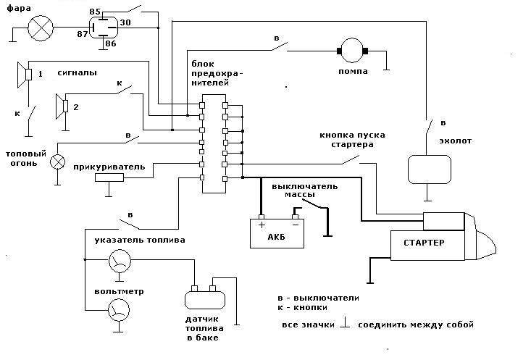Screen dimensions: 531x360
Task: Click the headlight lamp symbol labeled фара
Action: coord(41,28)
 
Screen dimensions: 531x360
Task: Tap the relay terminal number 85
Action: coord(95,12)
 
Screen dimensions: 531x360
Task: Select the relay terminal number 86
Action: coord(110,43)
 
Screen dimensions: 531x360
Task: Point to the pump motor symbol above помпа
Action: coord(352,51)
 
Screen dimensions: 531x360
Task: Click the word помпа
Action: coord(353,72)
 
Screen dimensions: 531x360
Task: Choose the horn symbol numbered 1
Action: coord(25,75)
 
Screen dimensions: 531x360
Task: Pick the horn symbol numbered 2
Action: coord(62,106)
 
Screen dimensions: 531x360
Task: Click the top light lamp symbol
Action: coord(57,162)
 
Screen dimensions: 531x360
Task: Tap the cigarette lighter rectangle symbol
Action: coord(109,177)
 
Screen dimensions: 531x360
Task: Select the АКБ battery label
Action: coord(276,237)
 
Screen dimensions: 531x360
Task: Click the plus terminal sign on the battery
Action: coord(262,225)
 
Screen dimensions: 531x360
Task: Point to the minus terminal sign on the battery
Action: coord(296,225)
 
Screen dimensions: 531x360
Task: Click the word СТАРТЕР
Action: coord(424,243)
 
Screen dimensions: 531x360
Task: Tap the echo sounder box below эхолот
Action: coord(430,169)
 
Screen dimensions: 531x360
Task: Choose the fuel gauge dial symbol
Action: coord(120,261)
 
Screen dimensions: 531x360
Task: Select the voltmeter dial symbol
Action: coord(119,309)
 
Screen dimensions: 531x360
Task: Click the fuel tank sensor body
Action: coord(205,300)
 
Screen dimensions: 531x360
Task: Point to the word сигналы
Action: coord(78,73)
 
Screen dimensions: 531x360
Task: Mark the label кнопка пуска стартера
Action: coord(352,140)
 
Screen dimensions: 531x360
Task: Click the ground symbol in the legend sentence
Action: coord(345,322)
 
